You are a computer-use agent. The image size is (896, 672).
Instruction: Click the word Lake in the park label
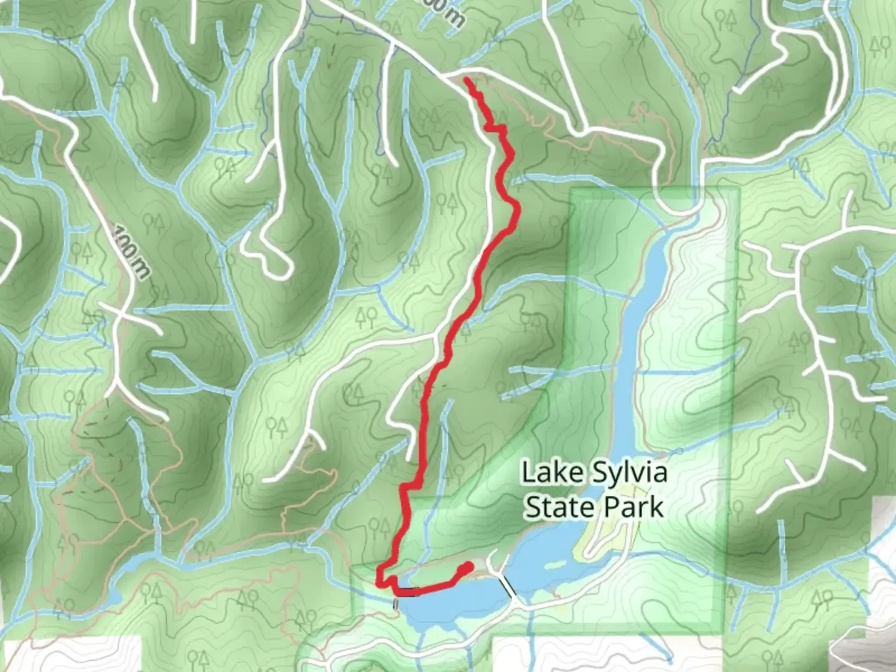point(545,473)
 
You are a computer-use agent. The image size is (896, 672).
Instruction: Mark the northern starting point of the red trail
point(467,80)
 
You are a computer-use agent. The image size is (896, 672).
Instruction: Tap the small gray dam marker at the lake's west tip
point(395,603)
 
